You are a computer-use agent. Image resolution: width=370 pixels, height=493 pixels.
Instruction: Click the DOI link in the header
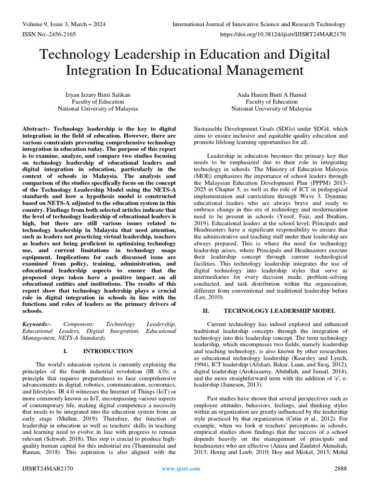[x=282, y=34]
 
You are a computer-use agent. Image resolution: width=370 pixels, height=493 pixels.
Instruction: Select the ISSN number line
[x=49, y=34]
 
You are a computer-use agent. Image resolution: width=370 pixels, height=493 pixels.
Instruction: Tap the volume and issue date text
[x=64, y=25]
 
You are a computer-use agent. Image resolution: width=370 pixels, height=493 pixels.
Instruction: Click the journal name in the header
[x=259, y=25]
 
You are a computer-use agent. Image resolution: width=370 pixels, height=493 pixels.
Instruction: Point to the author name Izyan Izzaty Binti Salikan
[x=98, y=95]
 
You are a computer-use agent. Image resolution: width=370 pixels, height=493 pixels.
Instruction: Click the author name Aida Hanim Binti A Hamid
[x=271, y=95]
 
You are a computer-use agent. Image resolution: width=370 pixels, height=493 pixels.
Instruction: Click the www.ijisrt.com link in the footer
[x=181, y=468]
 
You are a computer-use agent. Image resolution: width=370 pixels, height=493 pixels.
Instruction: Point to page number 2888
[x=341, y=468]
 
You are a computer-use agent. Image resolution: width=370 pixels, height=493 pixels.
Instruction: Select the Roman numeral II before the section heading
[x=205, y=311]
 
